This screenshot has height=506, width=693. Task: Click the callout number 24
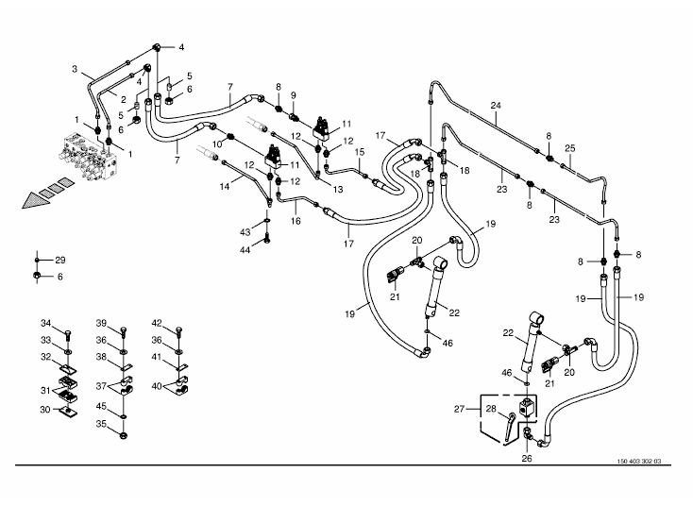tap(495, 105)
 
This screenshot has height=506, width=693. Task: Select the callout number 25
tap(569, 149)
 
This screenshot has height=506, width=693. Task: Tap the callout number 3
tap(75, 69)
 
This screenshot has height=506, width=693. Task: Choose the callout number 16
tap(296, 221)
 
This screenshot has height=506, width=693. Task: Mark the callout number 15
tap(359, 152)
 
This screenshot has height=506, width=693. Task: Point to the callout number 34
tap(45, 325)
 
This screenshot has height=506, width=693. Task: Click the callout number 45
tap(101, 409)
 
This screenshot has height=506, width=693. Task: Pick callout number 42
tap(157, 323)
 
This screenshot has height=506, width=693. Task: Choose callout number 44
tap(245, 249)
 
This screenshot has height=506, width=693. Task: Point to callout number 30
tap(45, 410)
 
